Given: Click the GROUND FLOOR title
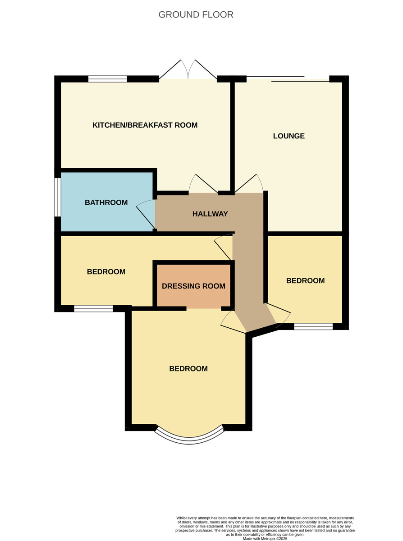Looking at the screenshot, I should coord(196,15).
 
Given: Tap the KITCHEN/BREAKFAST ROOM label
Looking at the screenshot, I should coord(145,125).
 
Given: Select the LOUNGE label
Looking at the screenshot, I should coord(289,136).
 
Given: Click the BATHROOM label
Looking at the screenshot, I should coord(106,202).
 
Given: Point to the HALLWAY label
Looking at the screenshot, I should coord(210,214).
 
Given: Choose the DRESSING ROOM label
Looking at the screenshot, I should coord(193,286).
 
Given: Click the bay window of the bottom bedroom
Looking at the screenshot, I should coord(189,437).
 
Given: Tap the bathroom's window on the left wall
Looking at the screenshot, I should coord(58,197).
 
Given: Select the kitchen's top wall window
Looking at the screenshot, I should coord(108,79).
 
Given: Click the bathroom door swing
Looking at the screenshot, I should coord(145,215).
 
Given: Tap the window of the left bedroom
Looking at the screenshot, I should coord(93,309).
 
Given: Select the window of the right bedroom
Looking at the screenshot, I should coord(313,326).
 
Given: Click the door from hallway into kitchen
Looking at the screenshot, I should coord(203,185).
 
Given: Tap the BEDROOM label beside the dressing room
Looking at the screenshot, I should coord(106,272).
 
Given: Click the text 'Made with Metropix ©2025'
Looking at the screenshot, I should coord(265,538).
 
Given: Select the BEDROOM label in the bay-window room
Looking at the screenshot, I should coord(188,369).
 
